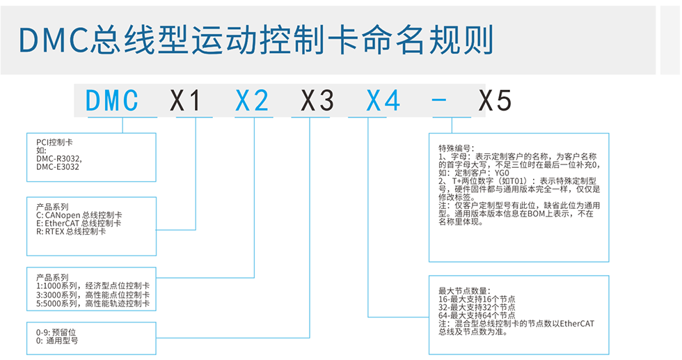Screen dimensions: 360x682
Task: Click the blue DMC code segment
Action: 113,102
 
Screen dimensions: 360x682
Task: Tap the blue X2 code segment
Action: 252,102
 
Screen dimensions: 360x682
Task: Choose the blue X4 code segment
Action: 383,102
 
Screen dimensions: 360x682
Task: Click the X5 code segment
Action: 495,102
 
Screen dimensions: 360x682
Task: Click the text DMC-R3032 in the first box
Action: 57,158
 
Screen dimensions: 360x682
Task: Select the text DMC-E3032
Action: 57,166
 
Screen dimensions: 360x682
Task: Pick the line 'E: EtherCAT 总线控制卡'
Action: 79,224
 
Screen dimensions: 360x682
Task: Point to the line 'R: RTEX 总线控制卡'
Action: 71,232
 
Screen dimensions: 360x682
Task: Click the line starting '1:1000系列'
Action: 93,286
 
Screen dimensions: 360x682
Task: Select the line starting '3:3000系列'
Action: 93,295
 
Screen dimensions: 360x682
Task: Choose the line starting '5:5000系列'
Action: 93,304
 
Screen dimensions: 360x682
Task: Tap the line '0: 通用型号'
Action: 57,341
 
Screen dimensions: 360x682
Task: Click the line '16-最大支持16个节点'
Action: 477,299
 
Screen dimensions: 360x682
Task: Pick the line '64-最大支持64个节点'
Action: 477,315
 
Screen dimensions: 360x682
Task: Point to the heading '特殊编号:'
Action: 457,148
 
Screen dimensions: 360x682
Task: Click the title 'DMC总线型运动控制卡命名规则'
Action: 256,40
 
